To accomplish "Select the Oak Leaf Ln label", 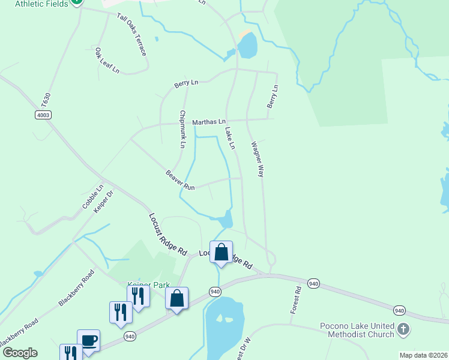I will tap(107, 61).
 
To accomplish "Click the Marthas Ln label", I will tap(208, 122).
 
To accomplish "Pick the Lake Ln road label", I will tap(230, 137).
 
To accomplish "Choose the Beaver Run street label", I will tap(181, 181).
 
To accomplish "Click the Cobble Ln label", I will tap(93, 196).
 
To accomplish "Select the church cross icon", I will tap(403, 329).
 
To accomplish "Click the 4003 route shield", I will tap(43, 115).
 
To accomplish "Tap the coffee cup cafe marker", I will tap(89, 341).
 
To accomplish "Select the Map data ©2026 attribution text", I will tap(423, 355).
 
